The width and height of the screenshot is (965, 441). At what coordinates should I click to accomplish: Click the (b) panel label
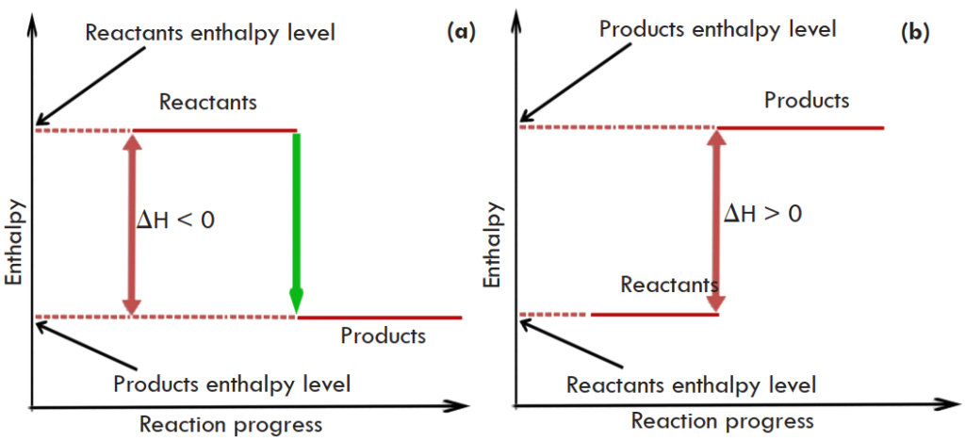click(x=915, y=32)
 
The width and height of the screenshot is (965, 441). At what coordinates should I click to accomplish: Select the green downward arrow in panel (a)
click(x=297, y=221)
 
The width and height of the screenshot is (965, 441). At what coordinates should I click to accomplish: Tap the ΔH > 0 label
click(x=762, y=213)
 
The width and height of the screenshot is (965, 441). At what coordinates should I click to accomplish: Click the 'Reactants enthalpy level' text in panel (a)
click(x=210, y=33)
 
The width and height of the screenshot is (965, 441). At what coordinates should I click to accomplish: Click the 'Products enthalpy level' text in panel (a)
click(x=232, y=384)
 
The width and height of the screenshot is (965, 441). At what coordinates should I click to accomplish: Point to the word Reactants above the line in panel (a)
click(x=208, y=102)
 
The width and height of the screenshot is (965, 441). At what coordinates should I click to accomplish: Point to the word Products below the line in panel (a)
click(x=384, y=335)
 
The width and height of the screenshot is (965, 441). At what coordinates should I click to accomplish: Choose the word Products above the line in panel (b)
click(x=807, y=100)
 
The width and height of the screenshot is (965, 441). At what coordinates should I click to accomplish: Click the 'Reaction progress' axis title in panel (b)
click(x=722, y=420)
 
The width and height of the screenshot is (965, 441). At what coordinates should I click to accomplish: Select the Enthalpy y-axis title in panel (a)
click(x=14, y=241)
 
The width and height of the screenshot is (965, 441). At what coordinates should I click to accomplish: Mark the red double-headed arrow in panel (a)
click(x=131, y=222)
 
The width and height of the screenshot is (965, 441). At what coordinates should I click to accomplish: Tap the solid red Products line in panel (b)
click(x=801, y=127)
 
